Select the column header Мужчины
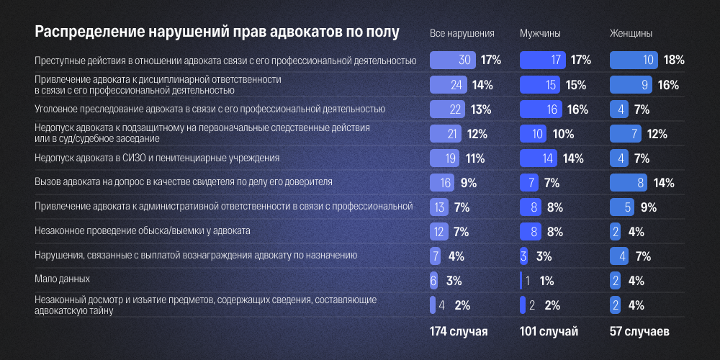[540, 34]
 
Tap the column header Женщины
[631, 34]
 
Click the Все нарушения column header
[462, 34]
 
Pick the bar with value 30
[453, 60]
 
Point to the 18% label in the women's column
[672, 60]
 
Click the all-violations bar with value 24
[448, 85]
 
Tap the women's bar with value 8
[629, 183]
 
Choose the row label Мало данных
[63, 278]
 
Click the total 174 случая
[459, 332]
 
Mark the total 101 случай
[549, 332]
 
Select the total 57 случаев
[639, 332]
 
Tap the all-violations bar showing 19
[445, 158]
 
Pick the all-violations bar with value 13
[439, 207]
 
